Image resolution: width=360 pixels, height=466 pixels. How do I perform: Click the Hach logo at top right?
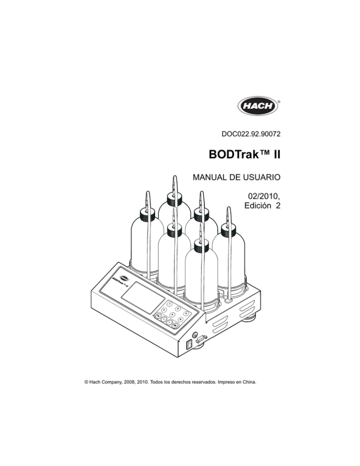point(257,106)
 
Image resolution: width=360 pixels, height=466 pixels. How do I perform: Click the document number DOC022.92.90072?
point(251,134)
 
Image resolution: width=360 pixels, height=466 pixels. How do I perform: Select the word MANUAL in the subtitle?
point(210,177)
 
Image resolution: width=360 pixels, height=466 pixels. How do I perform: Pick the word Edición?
point(258,206)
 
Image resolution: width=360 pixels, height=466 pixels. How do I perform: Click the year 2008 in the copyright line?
point(129,382)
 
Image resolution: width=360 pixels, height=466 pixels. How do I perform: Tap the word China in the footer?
point(249,382)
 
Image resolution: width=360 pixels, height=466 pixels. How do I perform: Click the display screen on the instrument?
point(143,297)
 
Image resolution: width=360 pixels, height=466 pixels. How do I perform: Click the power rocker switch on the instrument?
point(189,345)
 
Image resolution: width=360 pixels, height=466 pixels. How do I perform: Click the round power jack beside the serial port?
point(195,335)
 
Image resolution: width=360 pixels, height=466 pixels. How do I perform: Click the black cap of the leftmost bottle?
point(147,214)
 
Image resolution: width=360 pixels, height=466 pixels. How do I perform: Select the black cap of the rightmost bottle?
point(229,230)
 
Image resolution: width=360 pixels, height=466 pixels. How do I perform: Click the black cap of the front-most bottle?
point(202,245)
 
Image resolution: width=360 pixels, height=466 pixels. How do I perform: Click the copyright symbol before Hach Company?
point(86,382)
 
